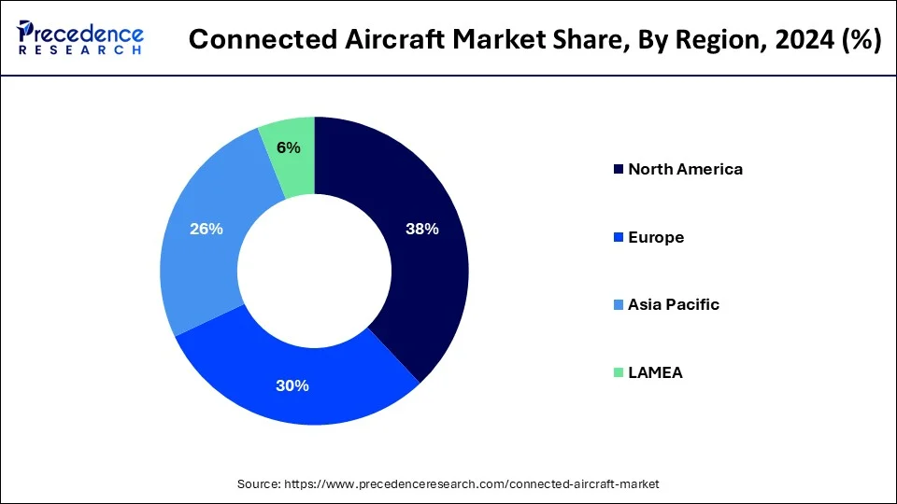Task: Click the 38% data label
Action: (x=422, y=229)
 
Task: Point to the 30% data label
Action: (x=292, y=385)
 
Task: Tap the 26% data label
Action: (x=206, y=229)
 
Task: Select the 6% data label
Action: (x=288, y=147)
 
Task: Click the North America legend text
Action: (x=685, y=169)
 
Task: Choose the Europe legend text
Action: (x=655, y=237)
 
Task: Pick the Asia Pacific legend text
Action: (x=673, y=304)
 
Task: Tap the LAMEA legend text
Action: (x=655, y=372)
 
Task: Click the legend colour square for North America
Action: (x=618, y=170)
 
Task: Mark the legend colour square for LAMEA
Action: (x=618, y=373)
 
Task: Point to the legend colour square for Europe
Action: (x=618, y=238)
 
